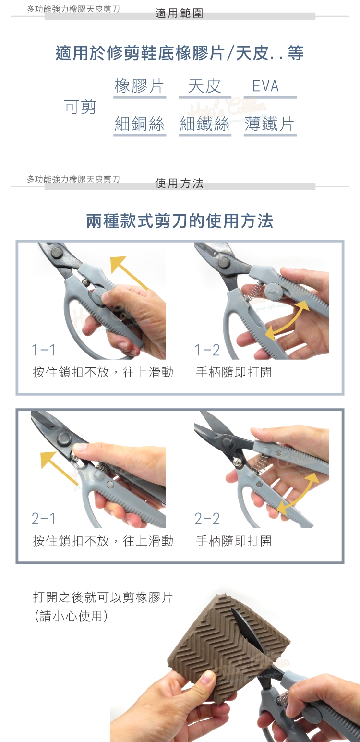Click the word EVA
point(265,86)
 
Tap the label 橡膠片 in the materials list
point(139,86)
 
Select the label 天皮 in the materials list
point(204,86)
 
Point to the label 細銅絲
point(139,124)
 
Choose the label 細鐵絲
point(204,124)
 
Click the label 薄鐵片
point(269,124)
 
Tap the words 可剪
point(80,107)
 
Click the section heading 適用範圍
point(179,13)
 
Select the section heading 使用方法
point(179,183)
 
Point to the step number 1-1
point(43,350)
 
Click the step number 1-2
point(207,350)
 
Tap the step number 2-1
point(43,518)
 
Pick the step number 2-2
point(207,518)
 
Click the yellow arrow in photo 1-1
point(129,272)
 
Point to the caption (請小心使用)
point(71,616)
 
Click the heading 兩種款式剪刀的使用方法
point(180,221)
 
